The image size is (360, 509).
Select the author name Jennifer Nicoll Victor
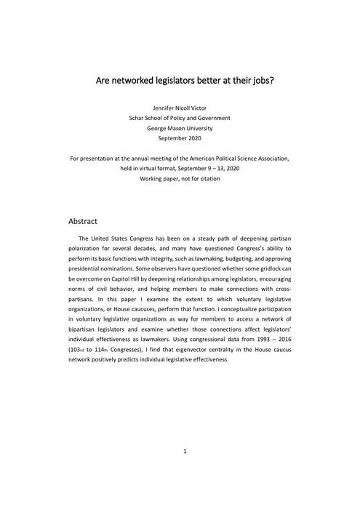point(180,107)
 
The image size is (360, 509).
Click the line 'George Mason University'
point(180,127)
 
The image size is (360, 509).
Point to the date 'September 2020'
point(180,137)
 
